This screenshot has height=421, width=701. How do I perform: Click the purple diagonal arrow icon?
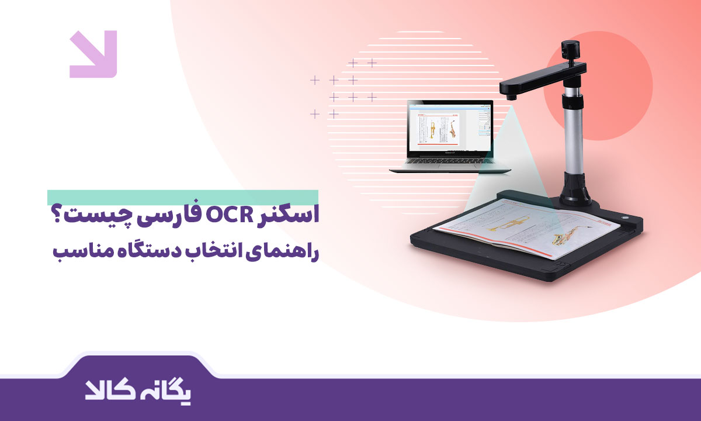[x=93, y=54]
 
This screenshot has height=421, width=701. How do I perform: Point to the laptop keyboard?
[x=450, y=164]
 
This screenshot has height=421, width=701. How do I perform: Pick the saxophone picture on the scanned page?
[x=567, y=236]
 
